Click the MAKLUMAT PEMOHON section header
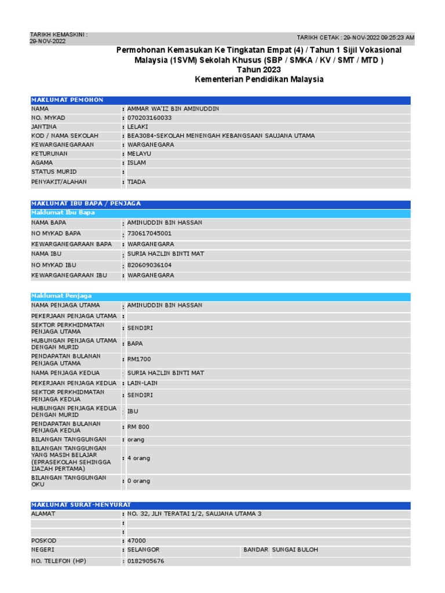[67, 100]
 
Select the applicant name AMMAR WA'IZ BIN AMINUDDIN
[173, 109]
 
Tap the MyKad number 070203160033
[149, 118]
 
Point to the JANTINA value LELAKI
[138, 127]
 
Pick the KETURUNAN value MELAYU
[138, 154]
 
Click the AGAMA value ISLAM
[137, 163]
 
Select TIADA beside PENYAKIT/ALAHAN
[137, 182]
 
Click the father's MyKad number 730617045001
[149, 233]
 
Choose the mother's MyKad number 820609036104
[149, 265]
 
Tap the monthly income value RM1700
[139, 359]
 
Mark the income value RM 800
[138, 427]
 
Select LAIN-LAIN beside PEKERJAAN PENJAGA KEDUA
[143, 383]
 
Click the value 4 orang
[138, 458]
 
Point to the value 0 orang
[138, 481]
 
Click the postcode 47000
[137, 540]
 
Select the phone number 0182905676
[146, 561]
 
